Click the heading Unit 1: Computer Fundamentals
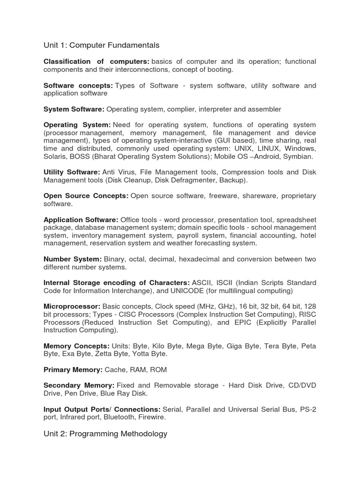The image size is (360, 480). [101, 45]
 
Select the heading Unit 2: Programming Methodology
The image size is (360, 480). [105, 434]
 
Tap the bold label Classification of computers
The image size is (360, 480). [96, 62]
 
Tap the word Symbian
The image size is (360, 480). [299, 157]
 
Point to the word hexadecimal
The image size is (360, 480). [203, 259]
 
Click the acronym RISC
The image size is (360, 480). [307, 315]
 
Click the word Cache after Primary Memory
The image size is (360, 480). [115, 370]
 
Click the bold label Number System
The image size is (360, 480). [72, 259]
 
